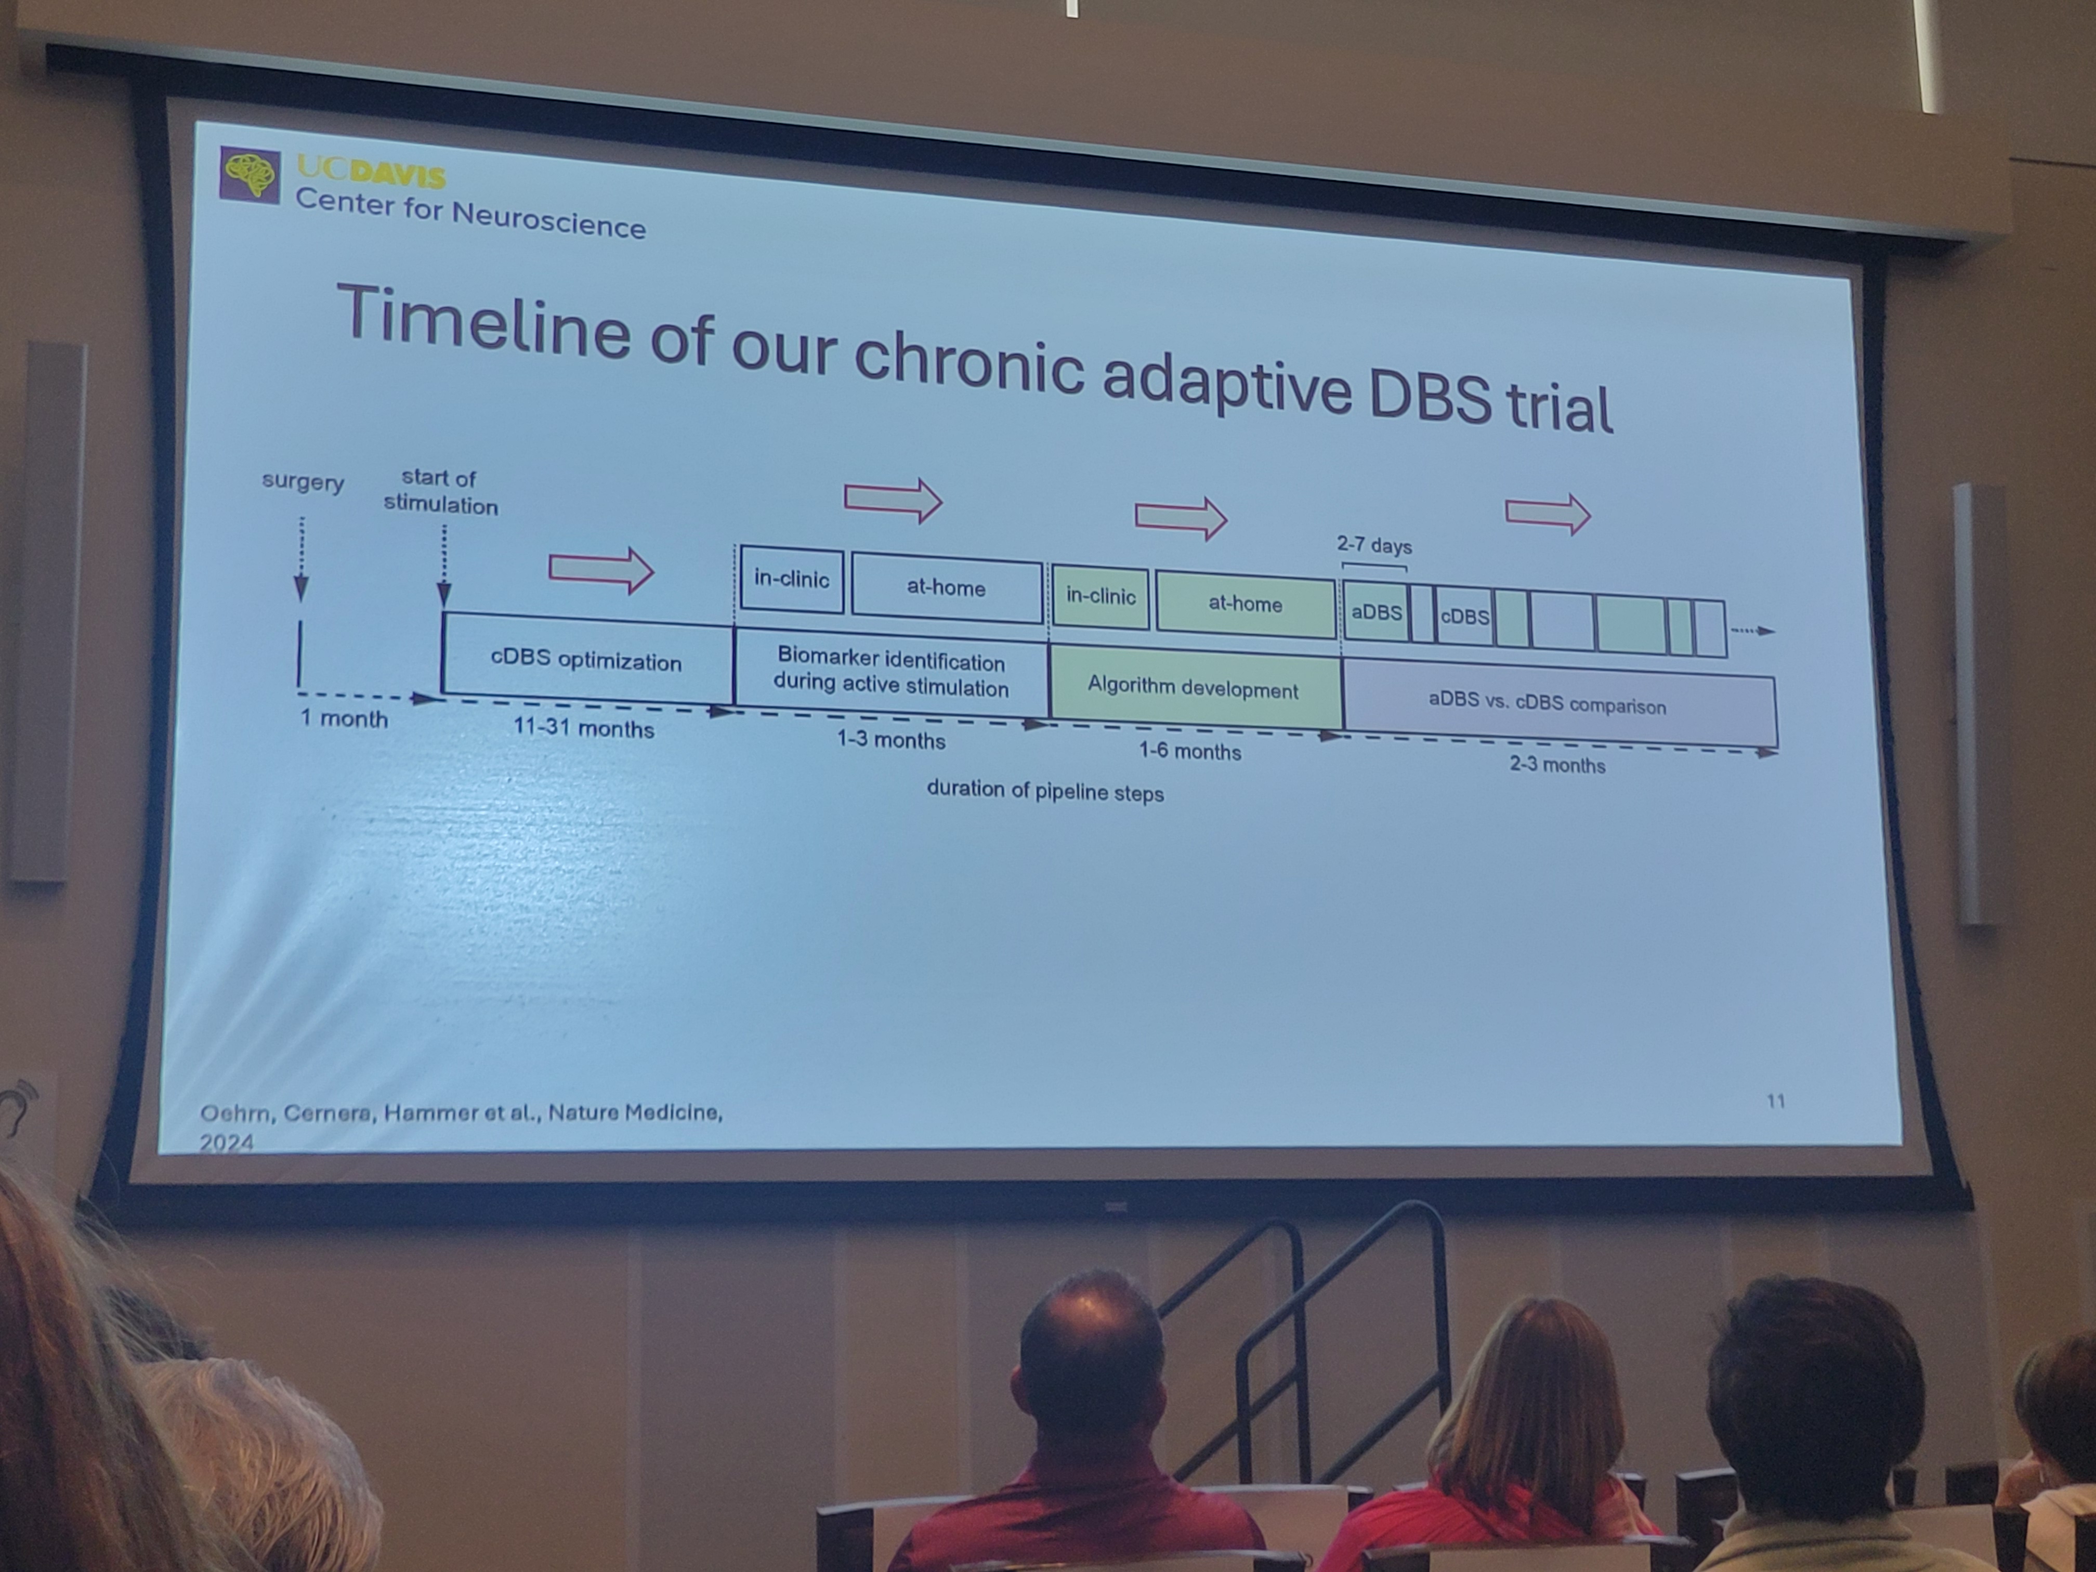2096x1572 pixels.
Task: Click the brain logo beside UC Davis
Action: [249, 174]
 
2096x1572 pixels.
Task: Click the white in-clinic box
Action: [791, 578]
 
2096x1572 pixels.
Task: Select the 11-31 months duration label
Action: [584, 728]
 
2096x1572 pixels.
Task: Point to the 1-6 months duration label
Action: [1189, 751]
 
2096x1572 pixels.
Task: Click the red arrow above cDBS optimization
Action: [601, 569]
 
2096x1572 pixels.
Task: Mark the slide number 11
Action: [1776, 1101]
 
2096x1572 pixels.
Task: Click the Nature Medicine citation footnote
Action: [462, 1125]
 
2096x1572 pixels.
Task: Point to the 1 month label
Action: [344, 718]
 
